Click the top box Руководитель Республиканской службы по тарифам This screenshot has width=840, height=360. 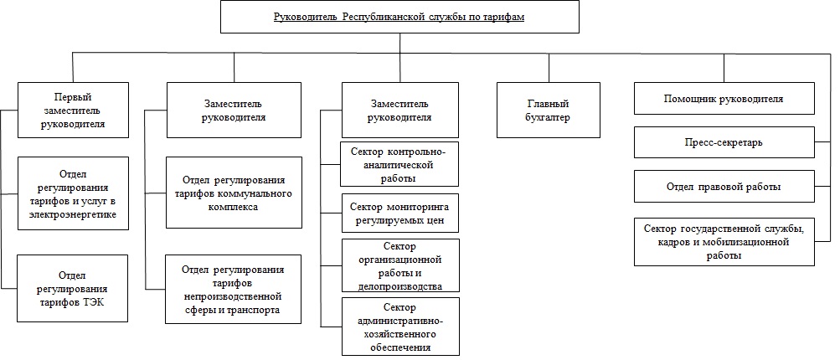coord(399,17)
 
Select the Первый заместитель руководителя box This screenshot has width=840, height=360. coord(73,111)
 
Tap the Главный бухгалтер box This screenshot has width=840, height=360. coord(548,111)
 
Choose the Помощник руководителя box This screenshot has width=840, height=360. coord(724,98)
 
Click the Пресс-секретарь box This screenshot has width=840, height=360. coord(724,142)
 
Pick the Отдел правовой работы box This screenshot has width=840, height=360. coord(724,187)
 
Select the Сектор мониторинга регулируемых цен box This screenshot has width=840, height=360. coord(399,213)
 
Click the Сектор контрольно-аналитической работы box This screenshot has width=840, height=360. coord(399,163)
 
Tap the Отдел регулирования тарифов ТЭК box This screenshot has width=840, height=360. coord(73,288)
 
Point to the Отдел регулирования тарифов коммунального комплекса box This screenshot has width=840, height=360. coord(234,193)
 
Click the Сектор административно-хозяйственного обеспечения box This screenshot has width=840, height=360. coord(399,327)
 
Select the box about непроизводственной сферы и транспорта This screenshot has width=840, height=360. coord(234,289)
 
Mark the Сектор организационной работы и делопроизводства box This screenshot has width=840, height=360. coord(399,265)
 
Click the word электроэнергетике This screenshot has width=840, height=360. coord(73,214)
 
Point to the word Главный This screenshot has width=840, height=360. coord(548,104)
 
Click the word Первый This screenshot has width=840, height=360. coord(73,97)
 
